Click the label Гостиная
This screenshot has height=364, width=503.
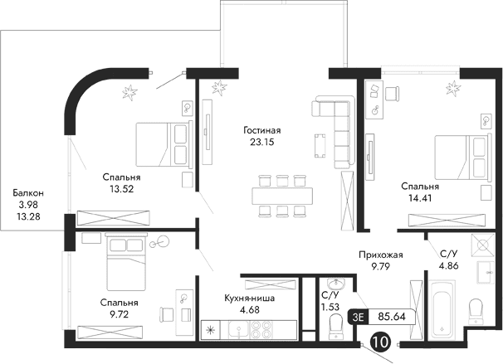tap(262, 130)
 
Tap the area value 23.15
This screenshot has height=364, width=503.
tap(262, 143)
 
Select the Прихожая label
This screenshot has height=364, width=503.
tap(375, 256)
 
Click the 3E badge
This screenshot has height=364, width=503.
tap(359, 316)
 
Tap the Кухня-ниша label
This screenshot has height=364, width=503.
tap(250, 299)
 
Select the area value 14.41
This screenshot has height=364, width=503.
tap(419, 199)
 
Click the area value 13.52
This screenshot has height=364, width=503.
tap(121, 189)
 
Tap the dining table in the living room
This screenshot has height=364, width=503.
tap(281, 194)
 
